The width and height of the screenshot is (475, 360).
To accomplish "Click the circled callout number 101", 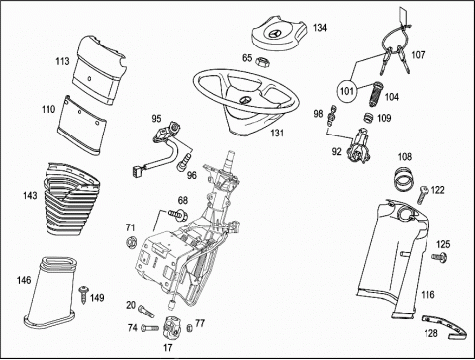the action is click(346, 90).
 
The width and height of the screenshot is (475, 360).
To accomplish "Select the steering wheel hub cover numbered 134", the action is click(279, 35).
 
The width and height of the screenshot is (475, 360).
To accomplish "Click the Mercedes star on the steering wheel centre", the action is click(244, 100).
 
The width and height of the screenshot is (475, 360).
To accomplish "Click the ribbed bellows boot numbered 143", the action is click(71, 199).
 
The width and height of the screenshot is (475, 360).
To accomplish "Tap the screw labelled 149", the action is click(83, 295).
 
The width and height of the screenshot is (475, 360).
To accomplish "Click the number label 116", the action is click(427, 294).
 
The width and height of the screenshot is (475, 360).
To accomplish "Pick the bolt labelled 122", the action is click(422, 194).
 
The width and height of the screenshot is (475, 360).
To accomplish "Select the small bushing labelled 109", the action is click(368, 118).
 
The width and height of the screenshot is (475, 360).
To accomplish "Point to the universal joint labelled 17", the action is click(172, 327).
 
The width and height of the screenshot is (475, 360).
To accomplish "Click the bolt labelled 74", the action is click(149, 328).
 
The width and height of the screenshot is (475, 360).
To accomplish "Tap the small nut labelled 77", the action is click(189, 328).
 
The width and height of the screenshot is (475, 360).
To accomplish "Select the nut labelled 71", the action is click(131, 242).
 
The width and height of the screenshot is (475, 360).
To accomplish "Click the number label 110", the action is click(48, 109).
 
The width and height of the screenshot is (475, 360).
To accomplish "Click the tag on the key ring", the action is click(403, 15).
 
